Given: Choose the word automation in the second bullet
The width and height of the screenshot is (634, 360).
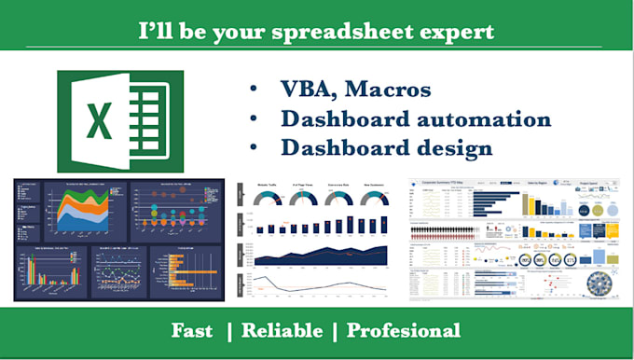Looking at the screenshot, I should tap(475, 120).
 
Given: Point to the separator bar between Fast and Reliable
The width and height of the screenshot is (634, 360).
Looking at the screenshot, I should tap(232, 330).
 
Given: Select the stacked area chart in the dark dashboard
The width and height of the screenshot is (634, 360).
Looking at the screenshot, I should tap(88, 206).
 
